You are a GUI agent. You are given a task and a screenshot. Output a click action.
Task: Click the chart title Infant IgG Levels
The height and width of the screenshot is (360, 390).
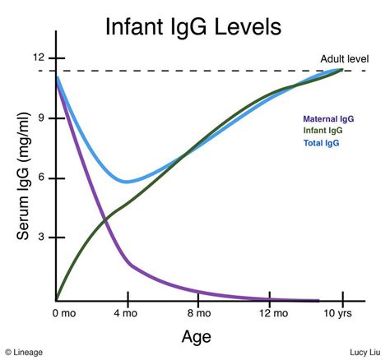click(193, 26)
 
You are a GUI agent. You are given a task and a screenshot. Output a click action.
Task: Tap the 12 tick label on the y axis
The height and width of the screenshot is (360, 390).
click(39, 58)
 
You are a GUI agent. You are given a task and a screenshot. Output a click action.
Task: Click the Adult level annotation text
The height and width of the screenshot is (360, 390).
click(343, 59)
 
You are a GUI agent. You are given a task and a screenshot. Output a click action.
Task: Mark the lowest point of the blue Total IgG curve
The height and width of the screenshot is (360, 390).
click(126, 182)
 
